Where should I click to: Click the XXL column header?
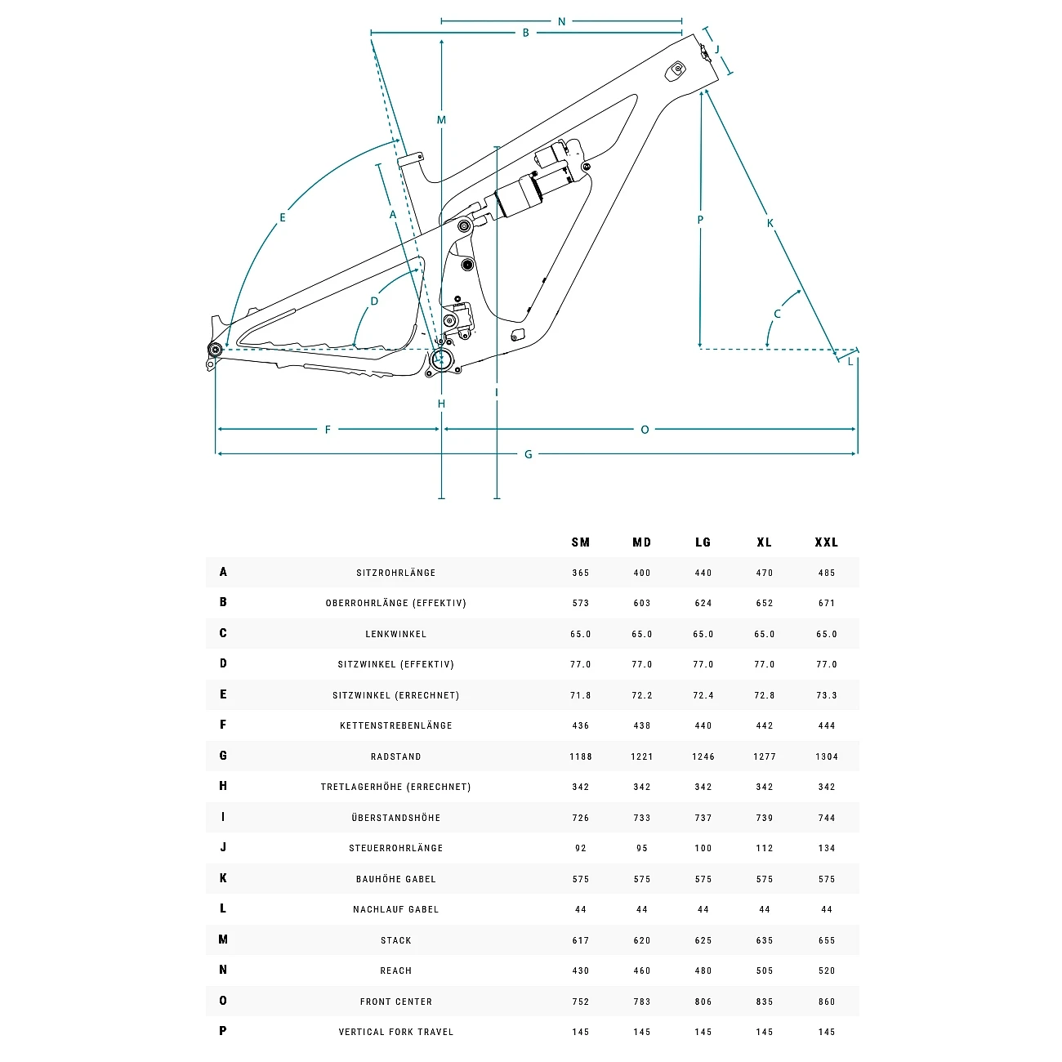(826, 542)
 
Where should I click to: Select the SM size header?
(581, 542)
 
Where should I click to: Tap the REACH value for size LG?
(703, 971)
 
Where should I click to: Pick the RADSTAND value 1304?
(827, 756)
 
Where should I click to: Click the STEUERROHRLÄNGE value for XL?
(765, 848)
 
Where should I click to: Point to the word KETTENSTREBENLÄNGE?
(396, 725)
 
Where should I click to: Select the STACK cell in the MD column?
(642, 940)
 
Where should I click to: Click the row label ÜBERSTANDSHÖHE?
(396, 818)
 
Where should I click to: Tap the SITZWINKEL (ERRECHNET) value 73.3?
(827, 695)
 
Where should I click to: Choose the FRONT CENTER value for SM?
(581, 1002)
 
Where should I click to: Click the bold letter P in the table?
(223, 1031)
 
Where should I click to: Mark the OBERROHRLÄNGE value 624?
(703, 603)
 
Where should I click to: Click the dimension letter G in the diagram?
(529, 454)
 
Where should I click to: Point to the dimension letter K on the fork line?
(770, 223)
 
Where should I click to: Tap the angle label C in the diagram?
(777, 314)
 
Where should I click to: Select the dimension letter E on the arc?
(283, 217)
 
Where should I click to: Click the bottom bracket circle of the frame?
(441, 358)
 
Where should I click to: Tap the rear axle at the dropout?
(216, 350)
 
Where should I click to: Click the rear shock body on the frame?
(519, 196)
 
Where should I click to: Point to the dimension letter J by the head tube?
(717, 49)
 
